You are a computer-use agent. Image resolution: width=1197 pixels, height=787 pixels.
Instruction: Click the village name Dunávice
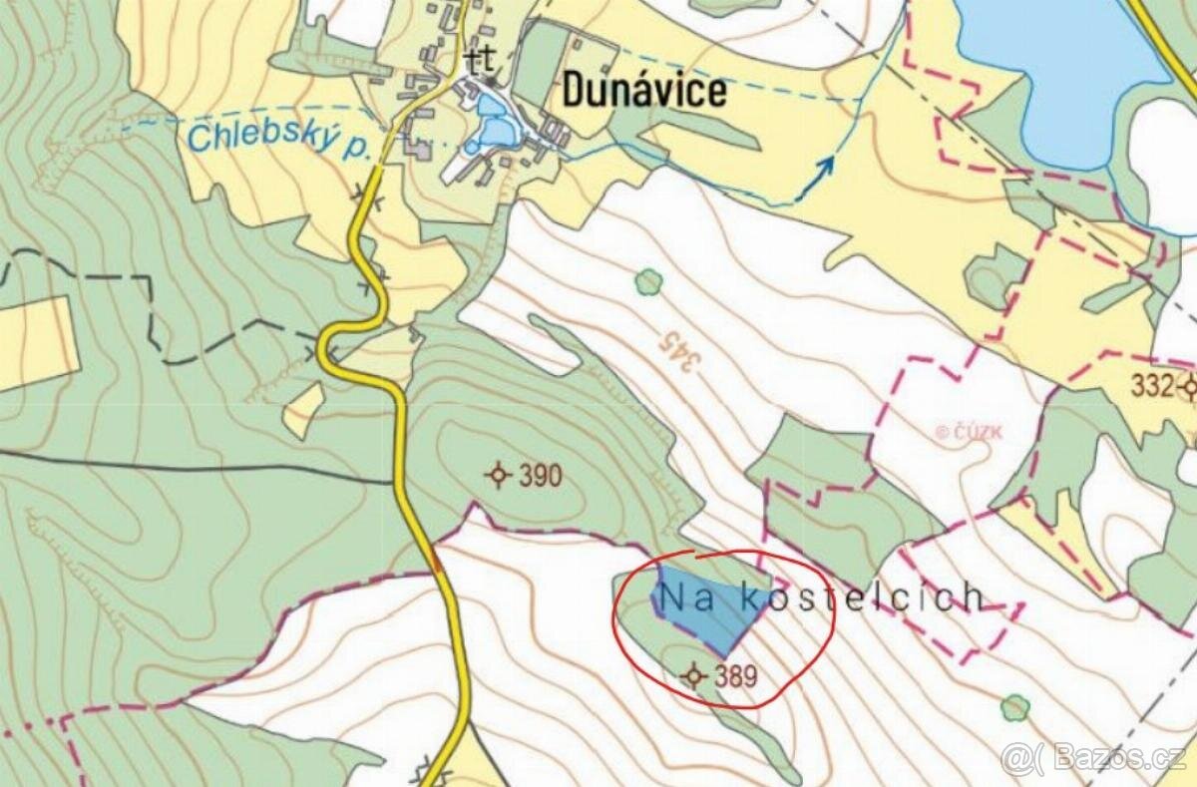[x=644, y=91]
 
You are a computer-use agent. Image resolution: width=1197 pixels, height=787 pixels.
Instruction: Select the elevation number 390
[x=541, y=476]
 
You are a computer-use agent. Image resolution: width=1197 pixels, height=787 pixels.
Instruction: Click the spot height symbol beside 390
[x=498, y=475]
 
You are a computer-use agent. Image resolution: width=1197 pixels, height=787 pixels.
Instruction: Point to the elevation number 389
[x=735, y=677]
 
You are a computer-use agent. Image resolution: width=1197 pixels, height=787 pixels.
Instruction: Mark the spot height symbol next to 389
[x=692, y=677]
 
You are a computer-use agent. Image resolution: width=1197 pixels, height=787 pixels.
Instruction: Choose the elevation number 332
[x=1152, y=387]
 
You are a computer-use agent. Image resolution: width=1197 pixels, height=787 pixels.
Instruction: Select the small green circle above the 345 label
[x=648, y=282]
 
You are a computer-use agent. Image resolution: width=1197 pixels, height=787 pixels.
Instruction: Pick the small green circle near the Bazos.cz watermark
[x=1014, y=707]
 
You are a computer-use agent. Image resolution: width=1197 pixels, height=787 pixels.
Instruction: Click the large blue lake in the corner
[x=1057, y=60]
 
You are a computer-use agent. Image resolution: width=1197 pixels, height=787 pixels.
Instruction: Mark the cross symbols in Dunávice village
[x=481, y=62]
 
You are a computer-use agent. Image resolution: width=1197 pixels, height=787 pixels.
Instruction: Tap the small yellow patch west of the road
[x=303, y=410]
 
